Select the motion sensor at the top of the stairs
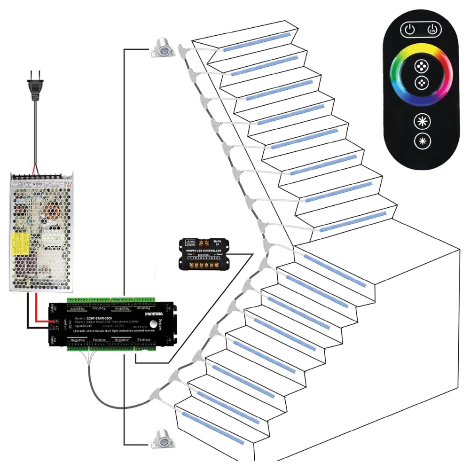(162, 48)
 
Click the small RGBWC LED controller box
(205, 254)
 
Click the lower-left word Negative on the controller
(78, 339)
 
